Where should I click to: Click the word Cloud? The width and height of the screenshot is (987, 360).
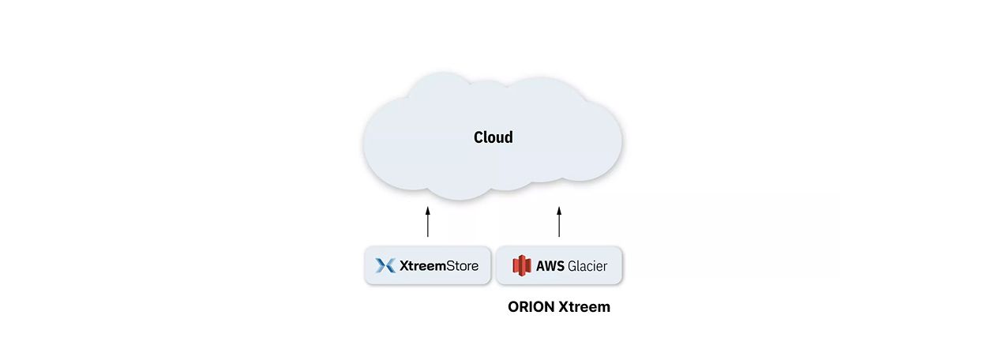(x=493, y=137)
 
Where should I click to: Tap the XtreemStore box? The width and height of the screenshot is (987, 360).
(x=427, y=265)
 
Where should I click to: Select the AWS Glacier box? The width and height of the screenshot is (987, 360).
(x=559, y=265)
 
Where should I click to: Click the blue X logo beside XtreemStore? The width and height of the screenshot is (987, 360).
(x=385, y=265)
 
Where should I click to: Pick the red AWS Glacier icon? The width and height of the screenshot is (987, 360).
(x=521, y=265)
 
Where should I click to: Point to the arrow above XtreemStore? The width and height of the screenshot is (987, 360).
(x=427, y=223)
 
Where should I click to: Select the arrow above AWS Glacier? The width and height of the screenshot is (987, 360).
(x=559, y=223)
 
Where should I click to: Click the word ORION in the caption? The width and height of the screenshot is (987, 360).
(x=531, y=307)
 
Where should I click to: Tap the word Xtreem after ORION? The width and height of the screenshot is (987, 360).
(x=584, y=307)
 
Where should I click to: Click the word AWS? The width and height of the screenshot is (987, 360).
(x=550, y=266)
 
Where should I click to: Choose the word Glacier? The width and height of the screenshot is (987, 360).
(x=587, y=266)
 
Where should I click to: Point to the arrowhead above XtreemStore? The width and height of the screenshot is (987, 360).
(x=427, y=211)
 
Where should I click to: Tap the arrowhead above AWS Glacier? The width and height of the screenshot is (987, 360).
(x=559, y=211)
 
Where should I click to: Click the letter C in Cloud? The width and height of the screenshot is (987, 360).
(x=478, y=137)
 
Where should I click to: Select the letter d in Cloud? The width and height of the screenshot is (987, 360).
(x=509, y=137)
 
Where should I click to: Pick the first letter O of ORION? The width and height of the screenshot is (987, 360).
(x=514, y=307)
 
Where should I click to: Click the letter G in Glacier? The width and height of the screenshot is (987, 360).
(x=572, y=266)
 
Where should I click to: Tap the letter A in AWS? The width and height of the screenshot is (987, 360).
(x=541, y=266)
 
